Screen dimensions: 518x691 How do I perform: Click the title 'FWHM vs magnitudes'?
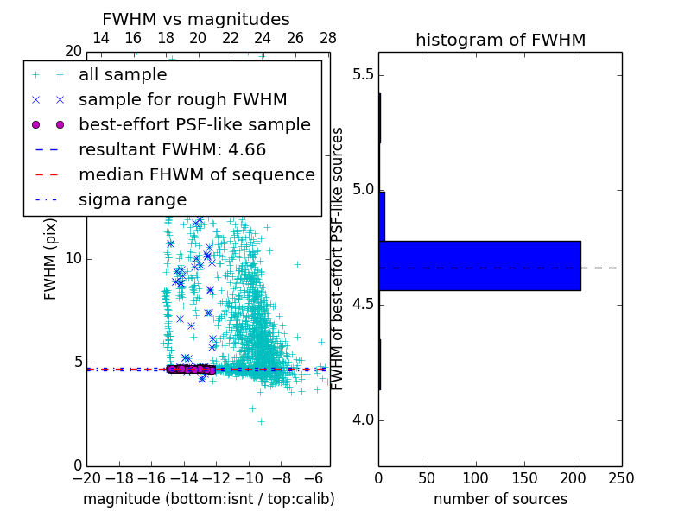[196, 19]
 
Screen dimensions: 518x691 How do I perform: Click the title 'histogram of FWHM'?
[500, 40]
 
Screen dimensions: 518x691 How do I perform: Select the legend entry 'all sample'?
[122, 75]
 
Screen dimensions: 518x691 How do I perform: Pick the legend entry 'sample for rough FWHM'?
[182, 99]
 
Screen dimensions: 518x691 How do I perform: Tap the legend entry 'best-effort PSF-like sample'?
[194, 124]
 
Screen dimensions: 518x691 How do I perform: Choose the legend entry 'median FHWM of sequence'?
[196, 174]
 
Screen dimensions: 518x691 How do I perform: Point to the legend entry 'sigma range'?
[132, 199]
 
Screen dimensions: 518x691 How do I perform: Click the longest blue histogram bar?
[479, 265]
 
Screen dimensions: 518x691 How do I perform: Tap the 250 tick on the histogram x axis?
[621, 477]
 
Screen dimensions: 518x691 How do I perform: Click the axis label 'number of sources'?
[500, 499]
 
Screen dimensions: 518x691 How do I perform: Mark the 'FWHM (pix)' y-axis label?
[51, 258]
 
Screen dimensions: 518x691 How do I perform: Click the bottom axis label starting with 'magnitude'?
[208, 499]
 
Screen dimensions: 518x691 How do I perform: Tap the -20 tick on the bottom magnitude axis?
[86, 477]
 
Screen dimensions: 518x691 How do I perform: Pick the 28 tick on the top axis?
[328, 38]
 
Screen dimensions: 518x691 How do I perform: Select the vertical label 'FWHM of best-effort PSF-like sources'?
[339, 258]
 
